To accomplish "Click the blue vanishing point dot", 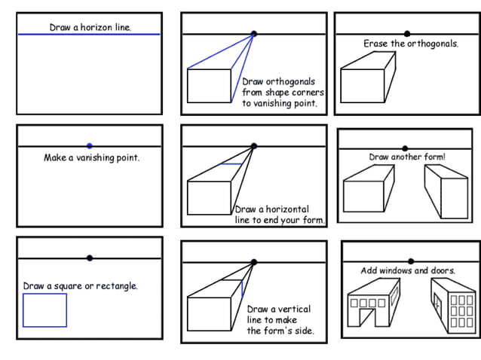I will coord(90,145).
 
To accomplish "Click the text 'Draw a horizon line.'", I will coord(90,27).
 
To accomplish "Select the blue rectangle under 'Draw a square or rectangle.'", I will coord(44,310).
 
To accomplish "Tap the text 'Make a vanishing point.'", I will coord(91,158).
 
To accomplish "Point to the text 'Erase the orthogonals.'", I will coord(410,44).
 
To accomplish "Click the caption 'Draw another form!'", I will coord(407,157).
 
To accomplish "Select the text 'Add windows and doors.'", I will coord(408,270).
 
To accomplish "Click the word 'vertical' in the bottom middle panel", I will coord(295,309).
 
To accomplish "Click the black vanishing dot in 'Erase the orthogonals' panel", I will coord(407,34).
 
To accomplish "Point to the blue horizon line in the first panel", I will coord(45,34).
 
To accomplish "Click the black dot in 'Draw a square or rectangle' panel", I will coord(90,258).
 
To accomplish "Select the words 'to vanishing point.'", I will coord(279,103).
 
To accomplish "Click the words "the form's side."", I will coord(280,331).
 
